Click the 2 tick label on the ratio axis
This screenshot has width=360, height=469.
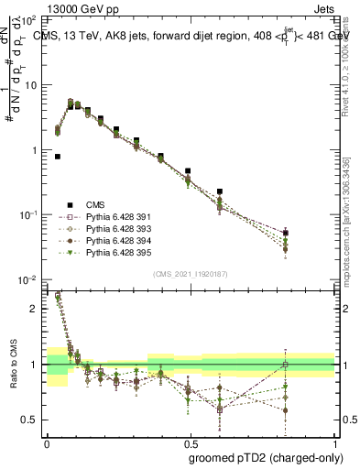click(34, 309)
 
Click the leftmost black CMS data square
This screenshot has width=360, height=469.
click(58, 157)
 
